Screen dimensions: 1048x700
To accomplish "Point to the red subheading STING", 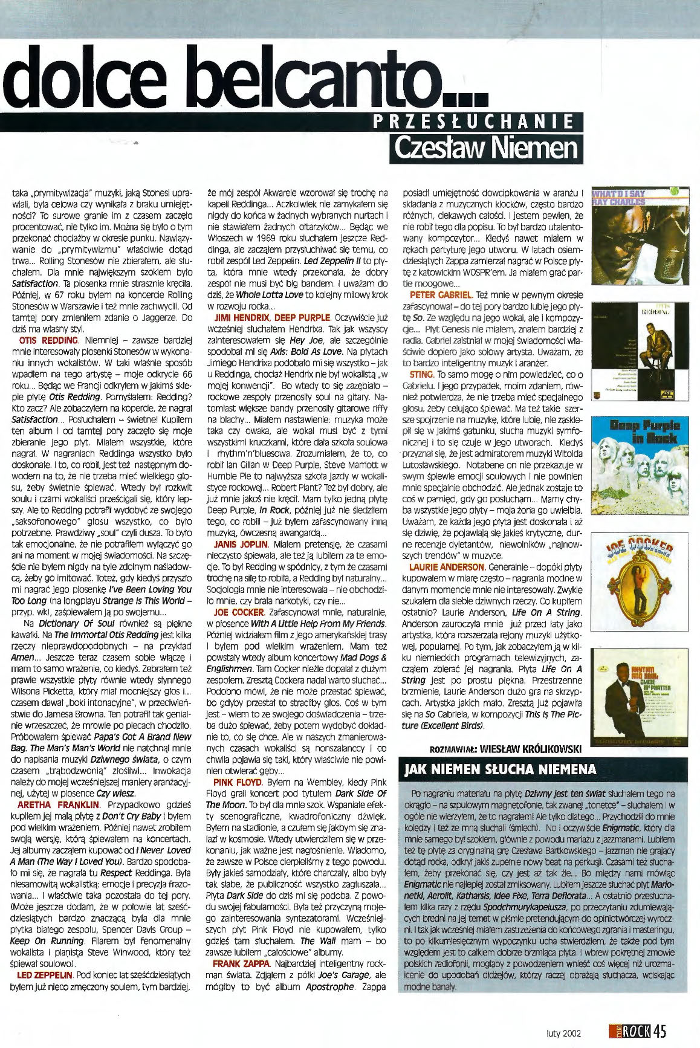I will tap(421, 375).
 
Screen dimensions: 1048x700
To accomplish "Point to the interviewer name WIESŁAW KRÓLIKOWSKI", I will tap(530, 748).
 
